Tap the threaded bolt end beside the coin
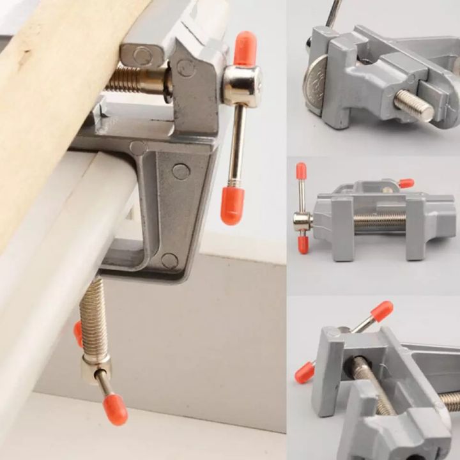coord(415,105)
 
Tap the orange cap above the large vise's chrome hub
coord(245,49)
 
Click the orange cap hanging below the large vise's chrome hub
coord(233,204)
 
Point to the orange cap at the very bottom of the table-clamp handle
coord(116,409)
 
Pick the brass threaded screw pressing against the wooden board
coord(134,79)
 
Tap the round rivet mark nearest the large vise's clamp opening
coord(169,260)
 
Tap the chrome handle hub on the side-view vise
coord(302,222)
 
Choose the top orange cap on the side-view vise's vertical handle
coord(301,171)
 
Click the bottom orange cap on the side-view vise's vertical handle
coord(303,245)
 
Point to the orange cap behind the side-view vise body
coord(406,183)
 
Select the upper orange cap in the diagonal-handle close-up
coord(381,310)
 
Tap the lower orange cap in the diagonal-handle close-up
coord(305,372)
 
